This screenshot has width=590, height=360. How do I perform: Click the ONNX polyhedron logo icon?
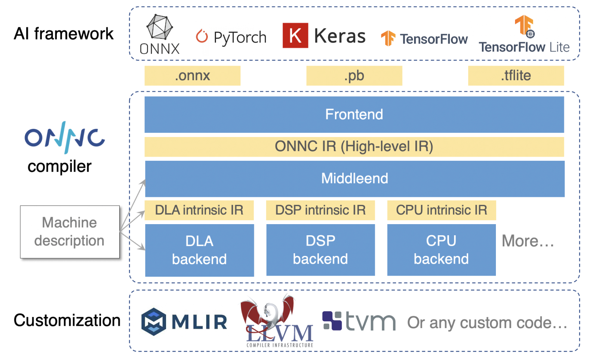coord(159,27)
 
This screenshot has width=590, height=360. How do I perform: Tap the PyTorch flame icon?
coord(202,36)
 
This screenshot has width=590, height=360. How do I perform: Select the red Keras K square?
coord(295,35)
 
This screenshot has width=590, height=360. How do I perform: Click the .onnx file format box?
coord(192,76)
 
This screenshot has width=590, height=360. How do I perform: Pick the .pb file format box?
coord(354,76)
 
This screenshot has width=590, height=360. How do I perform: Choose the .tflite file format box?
coord(516,76)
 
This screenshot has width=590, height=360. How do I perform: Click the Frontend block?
coord(354,114)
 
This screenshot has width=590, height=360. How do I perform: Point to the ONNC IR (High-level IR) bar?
coord(354,147)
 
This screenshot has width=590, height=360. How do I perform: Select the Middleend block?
coord(355,179)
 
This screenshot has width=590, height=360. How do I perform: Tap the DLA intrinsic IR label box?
coord(199,210)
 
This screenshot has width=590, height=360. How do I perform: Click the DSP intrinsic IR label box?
coord(321,210)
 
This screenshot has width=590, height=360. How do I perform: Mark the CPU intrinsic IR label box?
coord(442,210)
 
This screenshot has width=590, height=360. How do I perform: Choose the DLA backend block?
coord(200,250)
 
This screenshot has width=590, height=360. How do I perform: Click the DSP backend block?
coord(321,250)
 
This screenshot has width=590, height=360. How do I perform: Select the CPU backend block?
coord(441,250)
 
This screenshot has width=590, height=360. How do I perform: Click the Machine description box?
coord(70,232)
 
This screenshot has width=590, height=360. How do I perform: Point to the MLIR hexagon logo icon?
coord(154,321)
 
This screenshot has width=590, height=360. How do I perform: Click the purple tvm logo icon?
coord(332,320)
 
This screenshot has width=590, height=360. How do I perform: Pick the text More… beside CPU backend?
coord(528,241)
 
